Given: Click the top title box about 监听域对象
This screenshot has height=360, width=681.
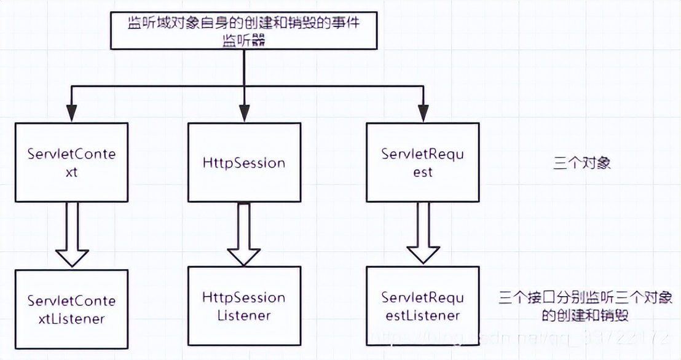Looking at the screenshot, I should click(244, 30).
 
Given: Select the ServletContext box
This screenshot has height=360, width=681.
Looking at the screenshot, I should click(71, 162).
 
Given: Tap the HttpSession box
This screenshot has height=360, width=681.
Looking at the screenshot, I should click(244, 162).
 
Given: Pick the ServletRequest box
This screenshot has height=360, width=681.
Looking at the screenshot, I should click(422, 162).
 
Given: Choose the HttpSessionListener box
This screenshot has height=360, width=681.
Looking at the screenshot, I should click(244, 305).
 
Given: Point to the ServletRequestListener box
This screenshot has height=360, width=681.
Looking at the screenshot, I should click(422, 305).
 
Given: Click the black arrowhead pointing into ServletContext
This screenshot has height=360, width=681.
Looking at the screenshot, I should click(71, 113).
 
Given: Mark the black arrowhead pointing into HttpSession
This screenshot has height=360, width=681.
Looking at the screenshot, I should click(244, 113).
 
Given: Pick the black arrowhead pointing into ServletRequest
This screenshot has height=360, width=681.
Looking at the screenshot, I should click(422, 113).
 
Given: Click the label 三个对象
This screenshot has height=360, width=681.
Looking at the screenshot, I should click(581, 164).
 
